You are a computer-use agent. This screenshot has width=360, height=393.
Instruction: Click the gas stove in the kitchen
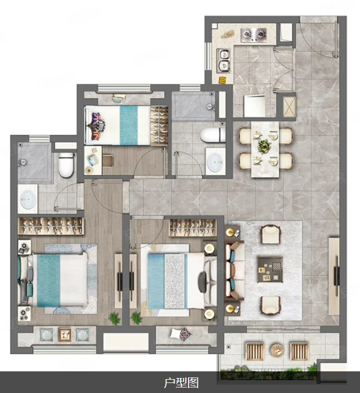click(x=254, y=35)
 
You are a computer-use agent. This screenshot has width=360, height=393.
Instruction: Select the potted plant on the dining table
click(x=265, y=146)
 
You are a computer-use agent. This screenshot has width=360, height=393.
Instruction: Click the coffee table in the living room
click(x=270, y=270)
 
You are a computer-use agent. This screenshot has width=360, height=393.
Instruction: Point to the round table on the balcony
click(x=277, y=349)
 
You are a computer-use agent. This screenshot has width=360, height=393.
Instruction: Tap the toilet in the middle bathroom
click(x=213, y=135)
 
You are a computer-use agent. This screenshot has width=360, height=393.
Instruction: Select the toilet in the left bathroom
click(x=66, y=165)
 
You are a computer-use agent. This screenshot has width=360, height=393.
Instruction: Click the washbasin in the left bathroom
click(x=28, y=199)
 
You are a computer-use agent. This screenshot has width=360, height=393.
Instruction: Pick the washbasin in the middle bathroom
click(x=216, y=162)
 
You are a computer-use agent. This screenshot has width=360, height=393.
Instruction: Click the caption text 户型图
click(x=181, y=382)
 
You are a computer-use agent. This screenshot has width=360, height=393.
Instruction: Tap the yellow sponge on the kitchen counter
click(x=222, y=79)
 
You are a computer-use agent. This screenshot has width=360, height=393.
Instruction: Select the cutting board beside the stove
click(x=228, y=34)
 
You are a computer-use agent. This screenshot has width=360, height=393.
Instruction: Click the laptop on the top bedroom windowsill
click(x=118, y=98)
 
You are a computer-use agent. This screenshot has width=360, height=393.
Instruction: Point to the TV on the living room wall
click(x=337, y=276)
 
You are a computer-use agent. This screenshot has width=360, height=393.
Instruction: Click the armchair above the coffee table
click(x=271, y=234)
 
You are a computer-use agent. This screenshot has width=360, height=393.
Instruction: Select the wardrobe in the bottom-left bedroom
click(x=51, y=226)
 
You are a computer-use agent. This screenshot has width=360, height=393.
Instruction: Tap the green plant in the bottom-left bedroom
click(x=114, y=318)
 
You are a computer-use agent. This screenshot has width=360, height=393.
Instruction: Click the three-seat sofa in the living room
click(x=234, y=270)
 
